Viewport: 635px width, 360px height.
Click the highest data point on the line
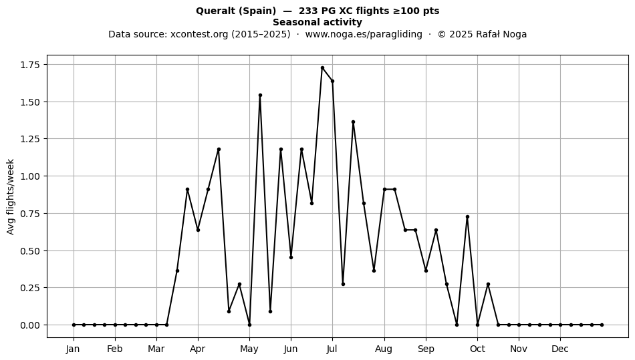[x=322, y=68]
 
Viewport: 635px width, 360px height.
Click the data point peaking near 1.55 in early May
[x=260, y=96]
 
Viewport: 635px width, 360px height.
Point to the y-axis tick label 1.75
[x=30, y=65]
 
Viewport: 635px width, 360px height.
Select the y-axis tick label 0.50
[x=30, y=250]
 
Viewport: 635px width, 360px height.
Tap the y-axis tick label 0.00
[x=30, y=325]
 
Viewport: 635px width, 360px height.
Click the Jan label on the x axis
[x=74, y=349]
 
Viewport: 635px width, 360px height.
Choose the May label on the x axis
[x=249, y=349]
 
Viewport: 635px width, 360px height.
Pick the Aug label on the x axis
[x=384, y=349]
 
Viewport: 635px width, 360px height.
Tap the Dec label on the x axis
[x=561, y=349]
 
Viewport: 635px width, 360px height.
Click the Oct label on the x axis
[x=477, y=349]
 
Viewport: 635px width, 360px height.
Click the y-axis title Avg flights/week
[x=11, y=196]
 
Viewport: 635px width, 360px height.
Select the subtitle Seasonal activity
[x=317, y=22]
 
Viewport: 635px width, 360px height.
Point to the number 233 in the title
[x=307, y=11]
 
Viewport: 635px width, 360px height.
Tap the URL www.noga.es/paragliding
[x=364, y=34]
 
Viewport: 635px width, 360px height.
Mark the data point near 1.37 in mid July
[x=353, y=122]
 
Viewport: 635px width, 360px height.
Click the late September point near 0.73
[x=467, y=217]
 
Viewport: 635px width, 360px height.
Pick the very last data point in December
[x=602, y=325]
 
